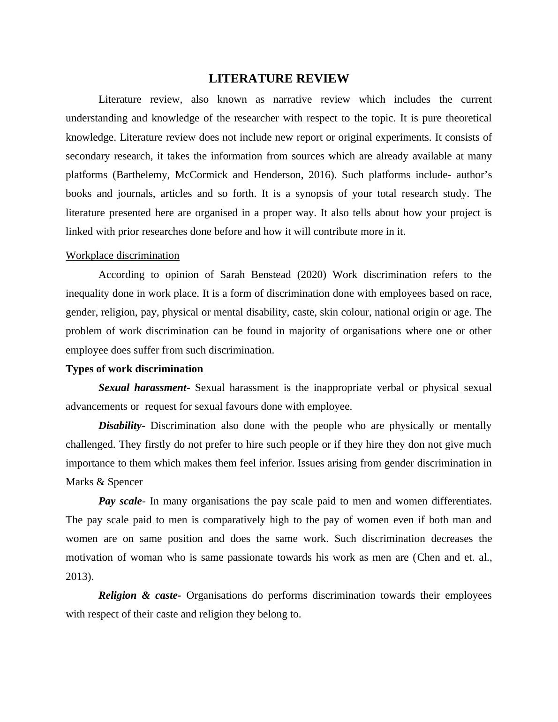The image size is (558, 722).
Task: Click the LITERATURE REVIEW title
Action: coord(279,79)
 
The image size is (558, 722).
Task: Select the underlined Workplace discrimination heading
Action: coord(122,256)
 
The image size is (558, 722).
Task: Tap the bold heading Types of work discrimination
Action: coord(134,369)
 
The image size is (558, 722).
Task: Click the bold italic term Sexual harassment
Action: coord(143,388)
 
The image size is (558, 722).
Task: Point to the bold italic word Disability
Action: coord(120,426)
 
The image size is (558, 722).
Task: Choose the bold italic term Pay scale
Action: coord(120,501)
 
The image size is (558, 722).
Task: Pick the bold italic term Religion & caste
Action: coord(138,595)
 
